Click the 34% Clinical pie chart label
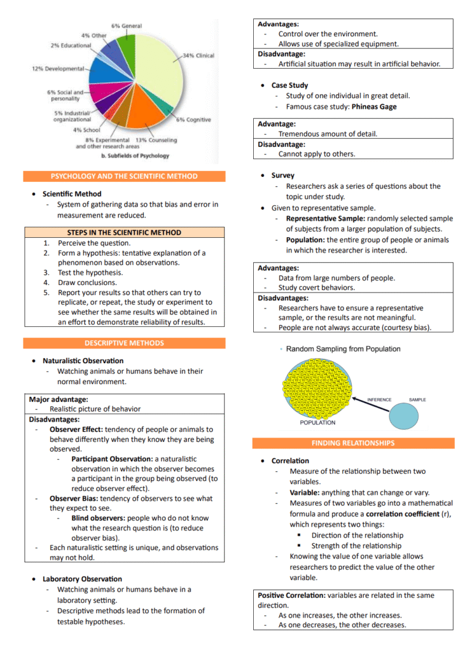click(199, 56)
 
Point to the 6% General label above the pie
click(127, 26)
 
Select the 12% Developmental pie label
click(58, 68)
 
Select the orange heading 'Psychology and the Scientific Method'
click(124, 176)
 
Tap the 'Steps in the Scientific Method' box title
click(124, 233)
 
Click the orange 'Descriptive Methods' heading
click(124, 343)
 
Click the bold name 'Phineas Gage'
click(374, 107)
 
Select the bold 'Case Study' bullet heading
click(289, 85)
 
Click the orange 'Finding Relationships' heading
click(353, 443)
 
